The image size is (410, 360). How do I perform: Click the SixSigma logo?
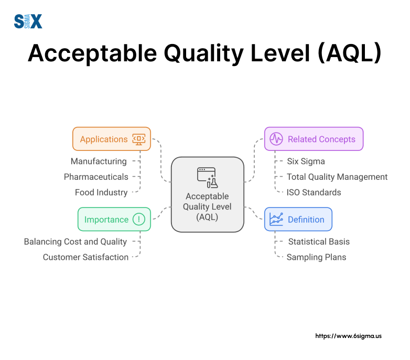click(x=28, y=21)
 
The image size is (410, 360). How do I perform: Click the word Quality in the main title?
click(x=204, y=54)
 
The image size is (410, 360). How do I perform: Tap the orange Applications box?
click(x=112, y=139)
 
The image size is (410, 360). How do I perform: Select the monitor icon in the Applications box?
click(x=139, y=139)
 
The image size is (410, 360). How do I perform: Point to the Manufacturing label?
click(x=99, y=161)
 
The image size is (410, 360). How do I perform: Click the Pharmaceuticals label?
click(x=96, y=177)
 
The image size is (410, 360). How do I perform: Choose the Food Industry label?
click(x=101, y=192)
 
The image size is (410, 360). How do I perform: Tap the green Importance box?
click(x=114, y=219)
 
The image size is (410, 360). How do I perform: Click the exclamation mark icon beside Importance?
click(x=139, y=219)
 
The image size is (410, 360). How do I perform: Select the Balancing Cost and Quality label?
click(x=75, y=242)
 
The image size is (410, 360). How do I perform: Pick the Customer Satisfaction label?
click(x=85, y=257)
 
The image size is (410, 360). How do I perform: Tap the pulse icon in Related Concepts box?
click(x=276, y=139)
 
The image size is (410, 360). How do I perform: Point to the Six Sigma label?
click(x=306, y=161)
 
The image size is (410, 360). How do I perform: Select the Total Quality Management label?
click(x=337, y=177)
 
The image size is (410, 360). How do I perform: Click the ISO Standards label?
click(x=314, y=192)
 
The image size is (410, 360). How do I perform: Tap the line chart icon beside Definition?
click(x=276, y=219)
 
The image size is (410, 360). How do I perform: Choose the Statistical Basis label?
click(x=319, y=242)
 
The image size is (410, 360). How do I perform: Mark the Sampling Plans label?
click(x=316, y=257)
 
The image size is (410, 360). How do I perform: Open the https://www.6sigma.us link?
click(x=348, y=336)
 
